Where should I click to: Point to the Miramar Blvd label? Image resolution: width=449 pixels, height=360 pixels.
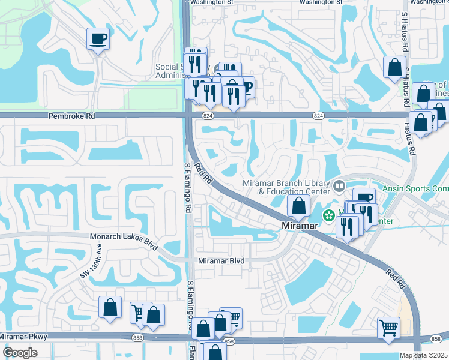pos(221,261)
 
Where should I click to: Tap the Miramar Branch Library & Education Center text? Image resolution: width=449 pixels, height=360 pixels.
pos(286,187)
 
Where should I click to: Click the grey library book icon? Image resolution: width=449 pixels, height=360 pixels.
pos(339,186)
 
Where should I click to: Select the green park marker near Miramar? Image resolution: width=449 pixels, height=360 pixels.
pos(328,215)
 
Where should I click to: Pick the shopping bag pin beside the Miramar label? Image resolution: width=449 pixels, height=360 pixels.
pos(298,206)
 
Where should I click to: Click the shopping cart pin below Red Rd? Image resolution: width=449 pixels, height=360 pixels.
pos(388,328)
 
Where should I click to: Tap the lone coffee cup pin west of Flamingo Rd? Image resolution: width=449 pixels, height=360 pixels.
pos(98,39)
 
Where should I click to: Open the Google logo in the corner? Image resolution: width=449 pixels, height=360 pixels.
pos(20,353)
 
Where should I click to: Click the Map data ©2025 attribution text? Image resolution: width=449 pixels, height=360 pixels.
pos(424,355)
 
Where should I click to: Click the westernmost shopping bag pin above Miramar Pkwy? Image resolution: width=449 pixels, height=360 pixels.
pos(110,307)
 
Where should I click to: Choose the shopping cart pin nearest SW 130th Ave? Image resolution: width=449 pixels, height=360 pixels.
pos(138,311)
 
